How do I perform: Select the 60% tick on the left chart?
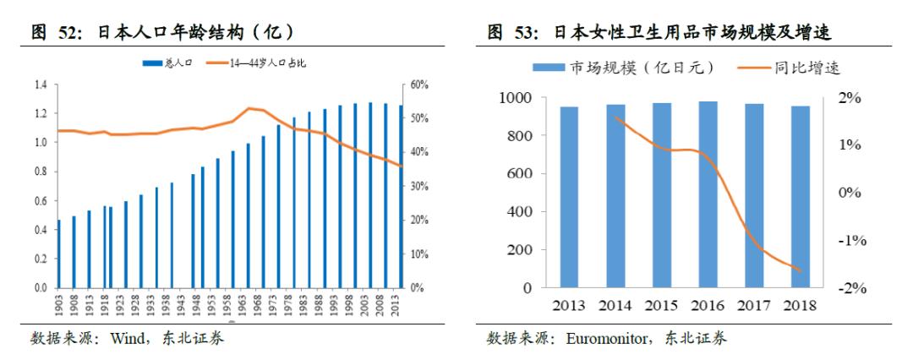coord(420,85)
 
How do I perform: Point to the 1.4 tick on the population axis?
coord(40,85)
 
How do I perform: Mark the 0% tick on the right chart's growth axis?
coord(849,193)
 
